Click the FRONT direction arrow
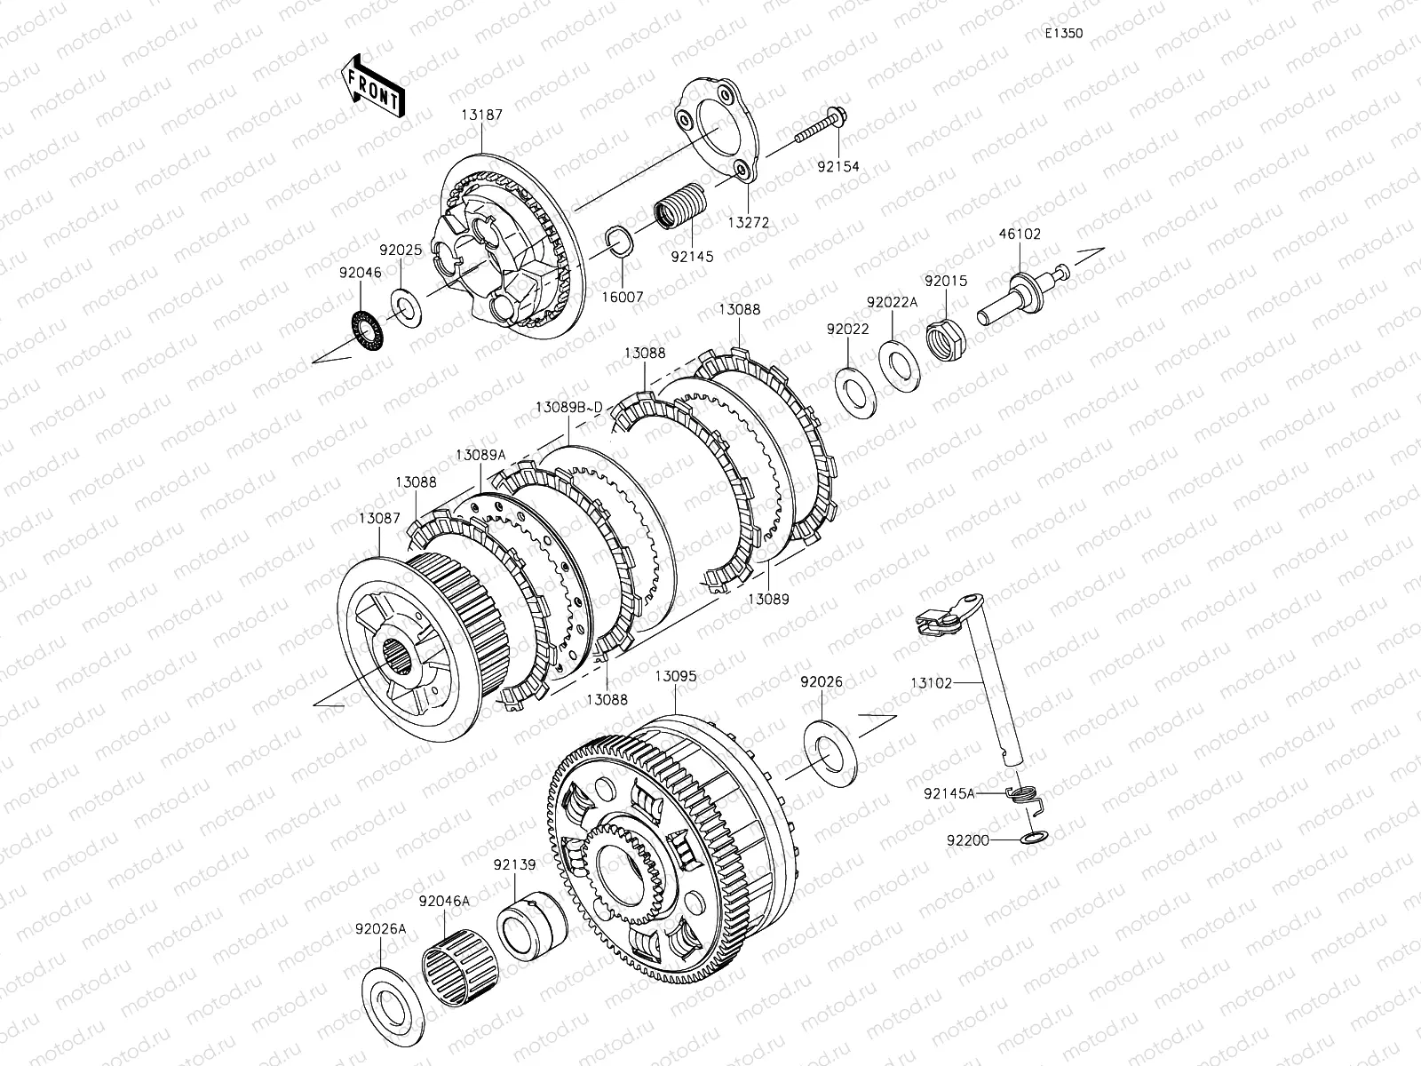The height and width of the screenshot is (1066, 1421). [x=373, y=86]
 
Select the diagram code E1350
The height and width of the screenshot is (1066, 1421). [x=1064, y=33]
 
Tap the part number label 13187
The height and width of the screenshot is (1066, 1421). [x=481, y=115]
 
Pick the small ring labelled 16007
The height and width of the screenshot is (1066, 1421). [x=620, y=241]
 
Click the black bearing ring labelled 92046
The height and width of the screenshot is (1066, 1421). [x=368, y=330]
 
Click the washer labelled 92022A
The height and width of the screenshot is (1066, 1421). [x=899, y=366]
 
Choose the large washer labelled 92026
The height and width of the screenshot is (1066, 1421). [x=830, y=754]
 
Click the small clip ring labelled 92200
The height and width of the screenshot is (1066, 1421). [x=1034, y=839]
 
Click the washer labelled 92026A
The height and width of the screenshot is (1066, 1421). [x=393, y=1007]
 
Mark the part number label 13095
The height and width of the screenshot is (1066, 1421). [x=675, y=676]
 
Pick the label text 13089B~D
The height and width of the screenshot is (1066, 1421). [x=569, y=408]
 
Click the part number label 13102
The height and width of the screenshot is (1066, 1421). [x=932, y=683]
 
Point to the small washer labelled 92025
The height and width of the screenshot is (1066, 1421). [x=406, y=308]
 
